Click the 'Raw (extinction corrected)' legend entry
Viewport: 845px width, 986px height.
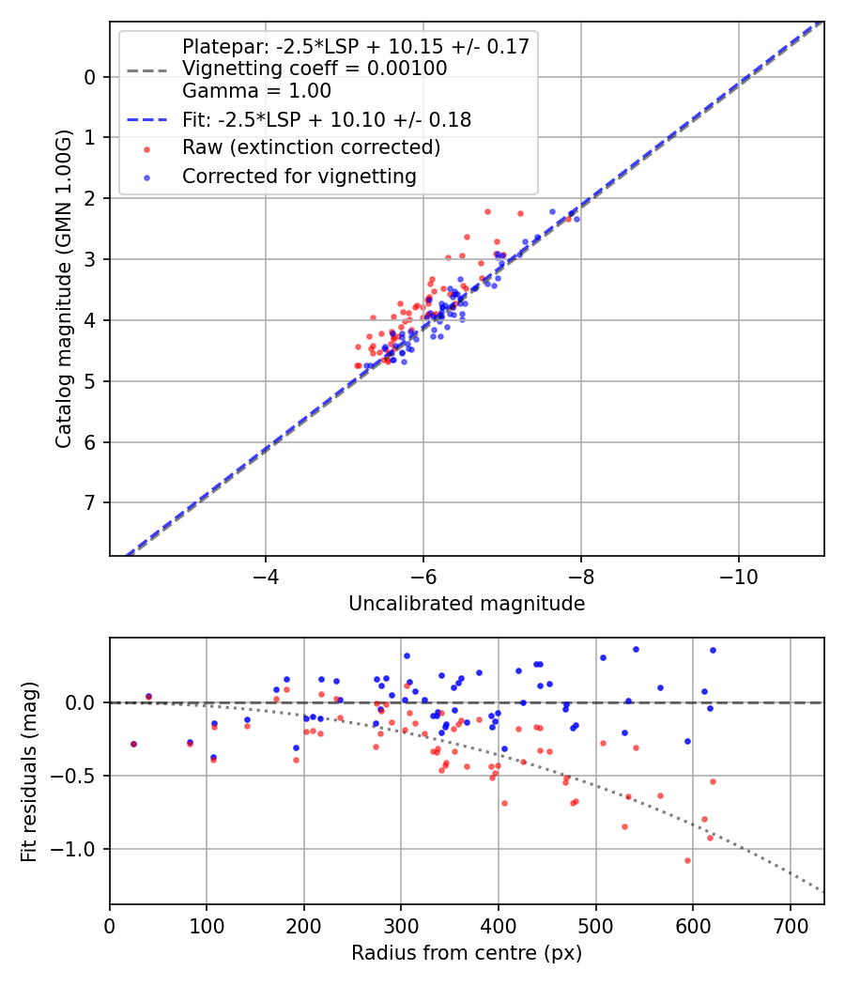click(311, 147)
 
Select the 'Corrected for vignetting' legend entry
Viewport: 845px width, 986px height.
click(299, 176)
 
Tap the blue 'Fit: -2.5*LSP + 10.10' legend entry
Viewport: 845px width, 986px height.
click(326, 120)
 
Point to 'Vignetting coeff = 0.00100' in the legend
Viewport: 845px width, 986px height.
click(314, 69)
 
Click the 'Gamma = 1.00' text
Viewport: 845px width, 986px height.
click(256, 91)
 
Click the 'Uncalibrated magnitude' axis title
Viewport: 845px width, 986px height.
click(467, 604)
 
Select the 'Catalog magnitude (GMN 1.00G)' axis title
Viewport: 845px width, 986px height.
click(63, 289)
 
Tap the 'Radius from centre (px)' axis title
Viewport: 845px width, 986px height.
click(467, 953)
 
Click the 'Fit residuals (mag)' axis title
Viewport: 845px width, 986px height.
click(29, 771)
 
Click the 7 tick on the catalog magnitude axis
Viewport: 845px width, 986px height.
click(90, 503)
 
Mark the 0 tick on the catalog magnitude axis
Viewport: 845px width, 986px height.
click(90, 77)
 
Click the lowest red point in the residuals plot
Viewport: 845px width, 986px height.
click(687, 860)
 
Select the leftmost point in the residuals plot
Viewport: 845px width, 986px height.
click(133, 744)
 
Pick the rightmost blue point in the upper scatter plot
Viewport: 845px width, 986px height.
click(576, 219)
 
